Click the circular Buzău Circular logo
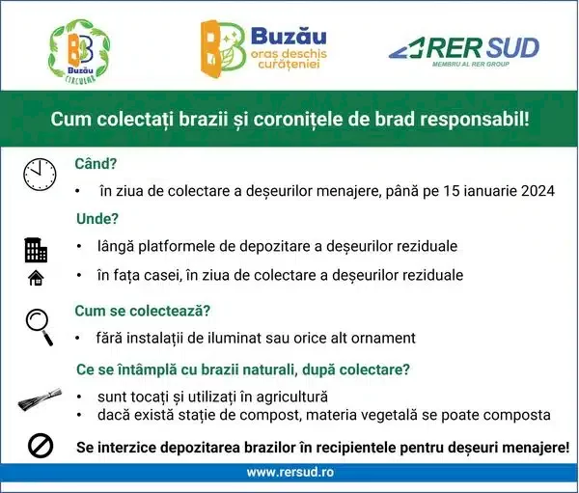tap(79, 51)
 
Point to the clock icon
tap(40, 175)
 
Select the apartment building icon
tap(36, 250)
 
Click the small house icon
tap(36, 278)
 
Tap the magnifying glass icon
tap(40, 327)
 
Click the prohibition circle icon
tap(41, 446)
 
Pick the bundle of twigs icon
tap(40, 400)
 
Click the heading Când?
tap(96, 164)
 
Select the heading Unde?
tap(97, 219)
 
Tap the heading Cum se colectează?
tap(143, 311)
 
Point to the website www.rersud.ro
tap(290, 472)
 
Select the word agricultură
tap(291, 397)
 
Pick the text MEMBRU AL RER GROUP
tap(471, 64)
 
